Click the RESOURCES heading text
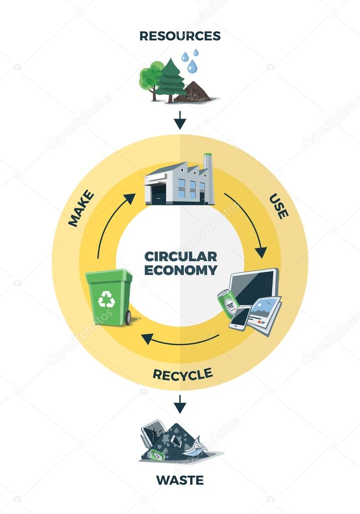pyautogui.click(x=179, y=36)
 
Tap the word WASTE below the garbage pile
pyautogui.click(x=179, y=480)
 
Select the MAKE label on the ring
pyautogui.click(x=81, y=208)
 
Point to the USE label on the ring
pyautogui.click(x=279, y=206)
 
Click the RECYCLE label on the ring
pyautogui.click(x=183, y=374)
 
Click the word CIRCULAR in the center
pyautogui.click(x=181, y=256)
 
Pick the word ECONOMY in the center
pyautogui.click(x=181, y=270)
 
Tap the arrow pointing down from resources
pyautogui.click(x=179, y=120)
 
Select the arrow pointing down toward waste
pyautogui.click(x=179, y=403)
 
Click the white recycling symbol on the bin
pyautogui.click(x=107, y=300)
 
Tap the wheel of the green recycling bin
pyautogui.click(x=128, y=318)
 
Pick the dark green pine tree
pyautogui.click(x=170, y=80)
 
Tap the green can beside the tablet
pyautogui.click(x=228, y=303)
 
